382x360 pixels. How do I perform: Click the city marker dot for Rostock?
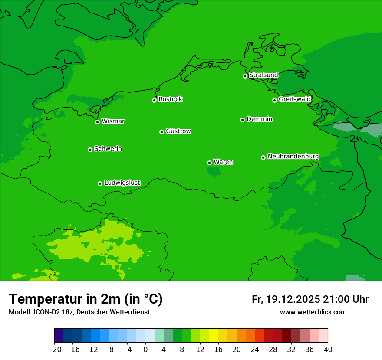point(154,100)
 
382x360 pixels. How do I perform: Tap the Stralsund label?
point(263,75)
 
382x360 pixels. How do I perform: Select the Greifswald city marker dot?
point(274,100)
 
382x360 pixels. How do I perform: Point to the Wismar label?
point(113,121)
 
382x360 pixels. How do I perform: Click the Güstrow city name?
point(178,131)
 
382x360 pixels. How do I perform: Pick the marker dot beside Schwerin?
point(90,150)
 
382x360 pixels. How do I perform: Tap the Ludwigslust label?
point(122,183)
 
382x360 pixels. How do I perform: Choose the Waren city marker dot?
point(209,163)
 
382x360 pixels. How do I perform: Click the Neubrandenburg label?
point(293,156)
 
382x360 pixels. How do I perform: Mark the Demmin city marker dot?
point(242,120)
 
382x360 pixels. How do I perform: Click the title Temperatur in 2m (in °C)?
point(86,299)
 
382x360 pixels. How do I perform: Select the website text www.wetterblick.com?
point(313,312)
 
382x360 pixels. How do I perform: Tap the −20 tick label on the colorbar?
point(54,349)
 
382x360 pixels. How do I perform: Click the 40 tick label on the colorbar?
point(328,349)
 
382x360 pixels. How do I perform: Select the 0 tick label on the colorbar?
point(145,349)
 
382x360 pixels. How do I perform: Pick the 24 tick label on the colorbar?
point(255,349)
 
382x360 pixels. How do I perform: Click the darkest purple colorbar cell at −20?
point(59,336)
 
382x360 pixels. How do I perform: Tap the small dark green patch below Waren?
point(214,172)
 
